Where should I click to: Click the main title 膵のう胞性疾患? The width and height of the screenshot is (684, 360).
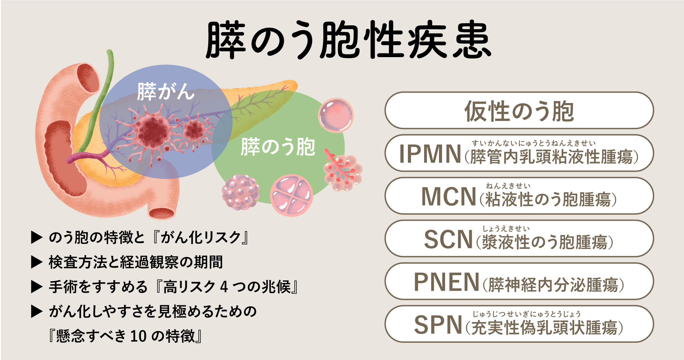click(348, 40)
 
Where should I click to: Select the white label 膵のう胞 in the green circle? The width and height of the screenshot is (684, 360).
click(278, 147)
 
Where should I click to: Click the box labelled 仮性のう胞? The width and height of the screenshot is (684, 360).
click(519, 111)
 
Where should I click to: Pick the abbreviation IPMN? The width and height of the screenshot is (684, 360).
click(430, 154)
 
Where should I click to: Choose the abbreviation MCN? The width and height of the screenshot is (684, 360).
click(449, 196)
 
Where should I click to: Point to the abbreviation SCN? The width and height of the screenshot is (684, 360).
click(448, 239)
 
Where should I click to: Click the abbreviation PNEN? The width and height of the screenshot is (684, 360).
click(446, 282)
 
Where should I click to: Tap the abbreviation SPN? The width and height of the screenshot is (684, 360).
click(438, 325)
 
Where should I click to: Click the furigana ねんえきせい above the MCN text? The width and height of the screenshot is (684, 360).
click(508, 186)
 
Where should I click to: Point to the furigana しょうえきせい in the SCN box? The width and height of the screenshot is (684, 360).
click(506, 229)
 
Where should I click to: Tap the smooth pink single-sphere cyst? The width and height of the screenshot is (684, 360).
click(336, 115)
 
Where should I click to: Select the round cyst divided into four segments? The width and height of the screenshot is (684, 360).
click(291, 195)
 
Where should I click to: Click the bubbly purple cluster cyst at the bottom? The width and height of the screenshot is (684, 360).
click(241, 192)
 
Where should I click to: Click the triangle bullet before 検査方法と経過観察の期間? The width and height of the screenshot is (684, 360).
click(36, 262)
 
